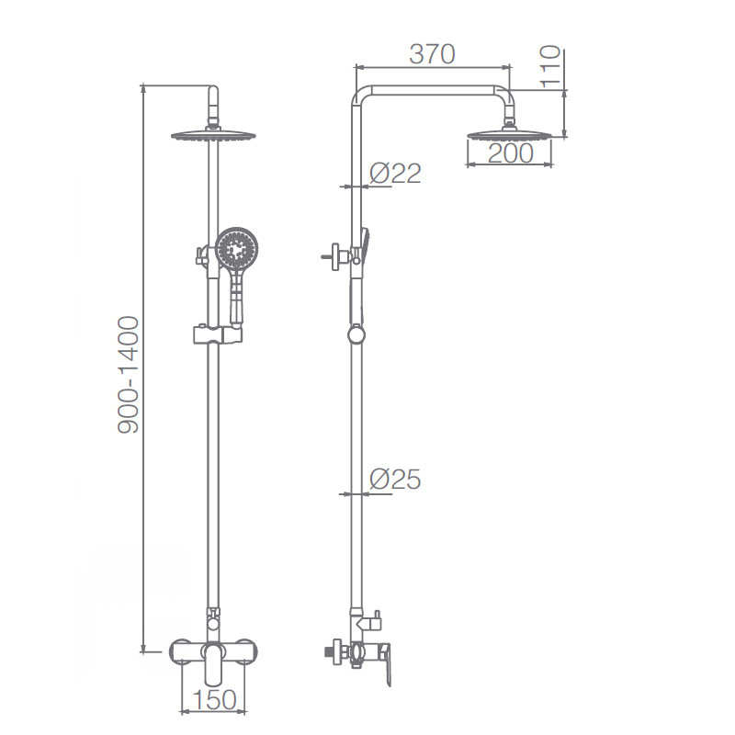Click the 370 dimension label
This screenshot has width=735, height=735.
pyautogui.click(x=432, y=54)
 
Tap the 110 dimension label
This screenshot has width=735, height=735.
pyautogui.click(x=550, y=66)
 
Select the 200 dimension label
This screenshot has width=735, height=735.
pyautogui.click(x=510, y=153)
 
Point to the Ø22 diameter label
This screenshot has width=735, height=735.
pyautogui.click(x=395, y=174)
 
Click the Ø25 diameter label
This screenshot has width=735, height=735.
pyautogui.click(x=395, y=480)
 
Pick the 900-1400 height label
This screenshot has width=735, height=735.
pyautogui.click(x=129, y=375)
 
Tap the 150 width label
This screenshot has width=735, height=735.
pyautogui.click(x=214, y=700)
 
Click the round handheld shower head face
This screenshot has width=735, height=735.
pyautogui.click(x=237, y=249)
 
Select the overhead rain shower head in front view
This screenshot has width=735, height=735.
pyautogui.click(x=213, y=135)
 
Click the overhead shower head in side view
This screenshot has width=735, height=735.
pyautogui.click(x=510, y=133)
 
